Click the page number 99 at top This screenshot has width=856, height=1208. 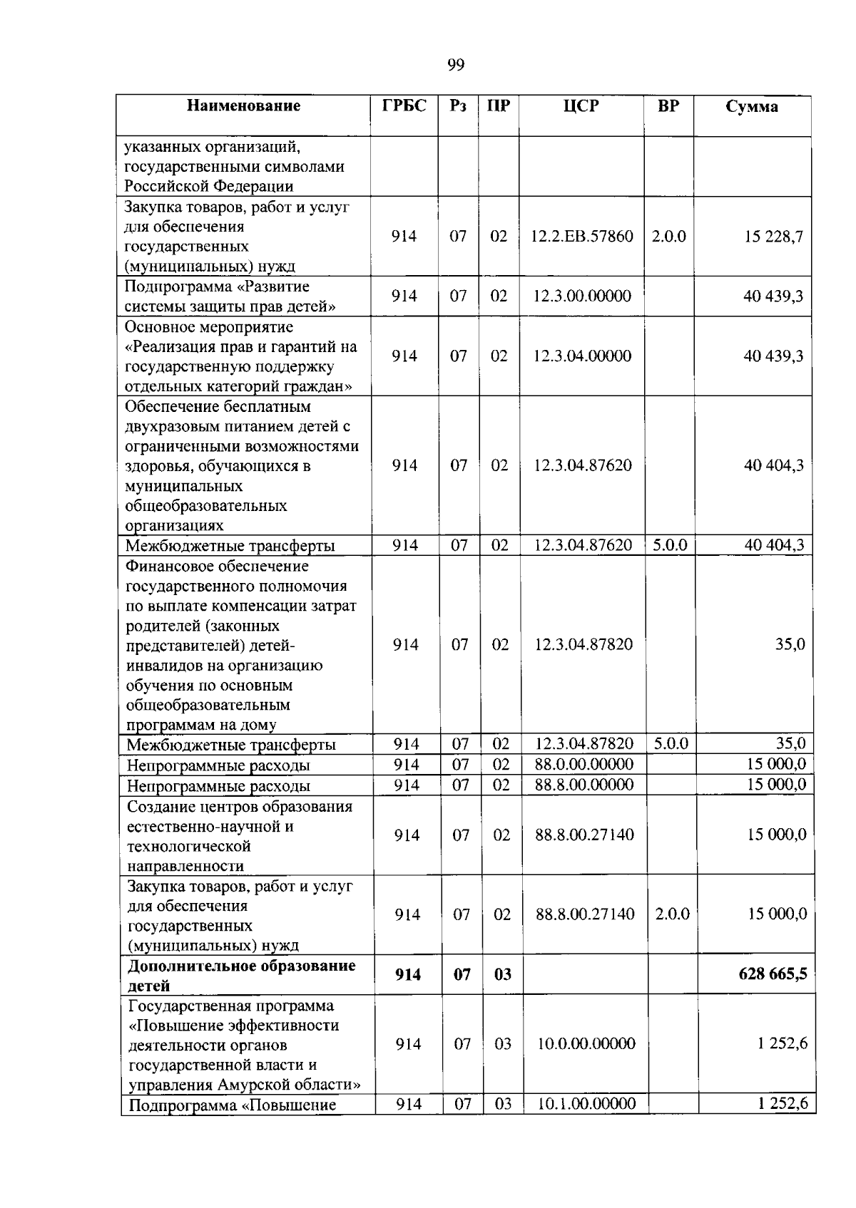(456, 66)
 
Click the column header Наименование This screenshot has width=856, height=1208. (243, 106)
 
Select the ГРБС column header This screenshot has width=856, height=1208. (404, 106)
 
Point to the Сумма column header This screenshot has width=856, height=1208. (751, 107)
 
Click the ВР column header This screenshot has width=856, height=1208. (668, 106)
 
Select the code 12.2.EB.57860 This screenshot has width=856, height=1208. (581, 236)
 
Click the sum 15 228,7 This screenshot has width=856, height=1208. (773, 236)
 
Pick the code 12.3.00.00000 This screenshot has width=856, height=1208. (581, 296)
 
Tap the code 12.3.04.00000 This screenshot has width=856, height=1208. (581, 356)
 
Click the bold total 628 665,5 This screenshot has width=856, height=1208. (773, 974)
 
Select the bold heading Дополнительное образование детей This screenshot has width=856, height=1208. (241, 976)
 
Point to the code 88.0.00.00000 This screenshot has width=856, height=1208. (584, 765)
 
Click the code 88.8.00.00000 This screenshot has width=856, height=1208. (584, 785)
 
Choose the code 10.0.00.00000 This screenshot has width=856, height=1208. (586, 1043)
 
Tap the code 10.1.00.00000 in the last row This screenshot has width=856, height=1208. (586, 1104)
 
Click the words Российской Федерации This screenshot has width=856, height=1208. (209, 187)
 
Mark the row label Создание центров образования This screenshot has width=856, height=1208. (240, 807)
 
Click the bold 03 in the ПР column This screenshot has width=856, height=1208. (502, 974)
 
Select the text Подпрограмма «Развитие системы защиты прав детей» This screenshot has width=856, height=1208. (230, 296)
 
